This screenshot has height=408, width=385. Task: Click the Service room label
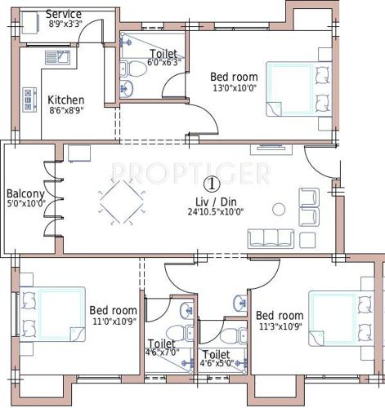point(63,15)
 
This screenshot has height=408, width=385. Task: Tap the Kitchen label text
point(66,100)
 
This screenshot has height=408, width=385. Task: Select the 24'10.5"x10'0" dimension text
point(216,211)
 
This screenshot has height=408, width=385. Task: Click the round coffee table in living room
point(278,209)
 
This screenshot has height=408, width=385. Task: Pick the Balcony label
point(25,193)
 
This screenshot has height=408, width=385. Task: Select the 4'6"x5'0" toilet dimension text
point(217,364)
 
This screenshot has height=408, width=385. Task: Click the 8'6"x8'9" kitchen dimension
point(66,111)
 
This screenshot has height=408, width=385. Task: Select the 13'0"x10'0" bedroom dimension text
point(235,89)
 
